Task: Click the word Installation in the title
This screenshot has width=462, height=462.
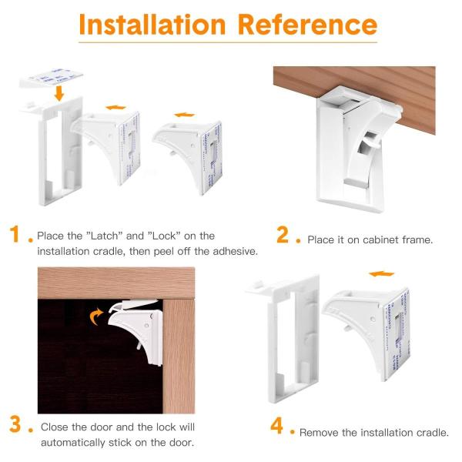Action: [152, 25]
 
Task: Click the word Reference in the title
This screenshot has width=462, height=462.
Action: [307, 25]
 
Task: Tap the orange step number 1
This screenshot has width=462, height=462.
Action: [15, 234]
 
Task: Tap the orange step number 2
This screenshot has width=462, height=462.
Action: [283, 235]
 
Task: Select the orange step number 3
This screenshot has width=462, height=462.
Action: [15, 424]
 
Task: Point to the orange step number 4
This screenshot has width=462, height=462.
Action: [276, 426]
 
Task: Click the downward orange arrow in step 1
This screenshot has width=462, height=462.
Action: [59, 93]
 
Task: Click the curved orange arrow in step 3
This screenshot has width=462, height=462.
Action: [96, 316]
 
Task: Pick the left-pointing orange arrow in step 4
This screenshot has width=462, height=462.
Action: [381, 273]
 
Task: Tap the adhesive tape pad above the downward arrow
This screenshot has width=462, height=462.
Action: [51, 78]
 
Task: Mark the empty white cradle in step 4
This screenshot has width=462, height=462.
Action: [283, 339]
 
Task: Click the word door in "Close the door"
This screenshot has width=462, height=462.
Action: [102, 427]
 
